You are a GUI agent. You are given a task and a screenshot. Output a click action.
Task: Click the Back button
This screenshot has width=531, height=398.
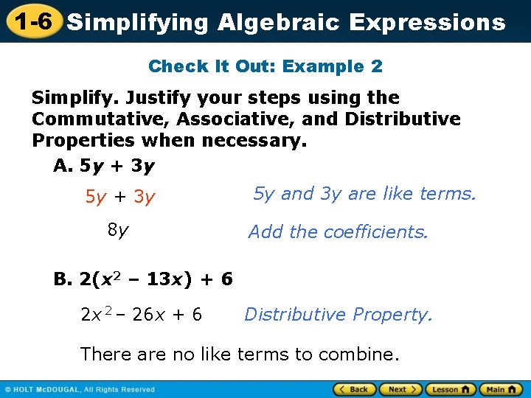354,389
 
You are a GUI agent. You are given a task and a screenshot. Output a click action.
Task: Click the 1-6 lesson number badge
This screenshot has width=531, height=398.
30,21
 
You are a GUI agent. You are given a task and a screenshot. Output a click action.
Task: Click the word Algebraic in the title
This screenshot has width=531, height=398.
278,22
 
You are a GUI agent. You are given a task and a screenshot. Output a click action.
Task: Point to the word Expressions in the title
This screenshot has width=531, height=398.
427,22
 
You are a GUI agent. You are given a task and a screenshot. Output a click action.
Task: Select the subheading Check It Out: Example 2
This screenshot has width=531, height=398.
265,66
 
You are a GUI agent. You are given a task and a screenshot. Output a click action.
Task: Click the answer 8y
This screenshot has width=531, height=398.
118,231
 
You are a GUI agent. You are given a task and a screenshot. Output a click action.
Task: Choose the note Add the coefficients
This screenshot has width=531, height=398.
338,232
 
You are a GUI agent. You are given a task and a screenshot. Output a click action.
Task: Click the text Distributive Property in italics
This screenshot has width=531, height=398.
338,315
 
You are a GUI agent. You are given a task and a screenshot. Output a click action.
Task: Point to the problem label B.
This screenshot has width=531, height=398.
63,279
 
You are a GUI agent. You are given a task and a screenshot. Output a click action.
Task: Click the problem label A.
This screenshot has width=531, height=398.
63,166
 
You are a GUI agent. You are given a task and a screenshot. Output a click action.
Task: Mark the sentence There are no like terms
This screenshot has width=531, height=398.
239,354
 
